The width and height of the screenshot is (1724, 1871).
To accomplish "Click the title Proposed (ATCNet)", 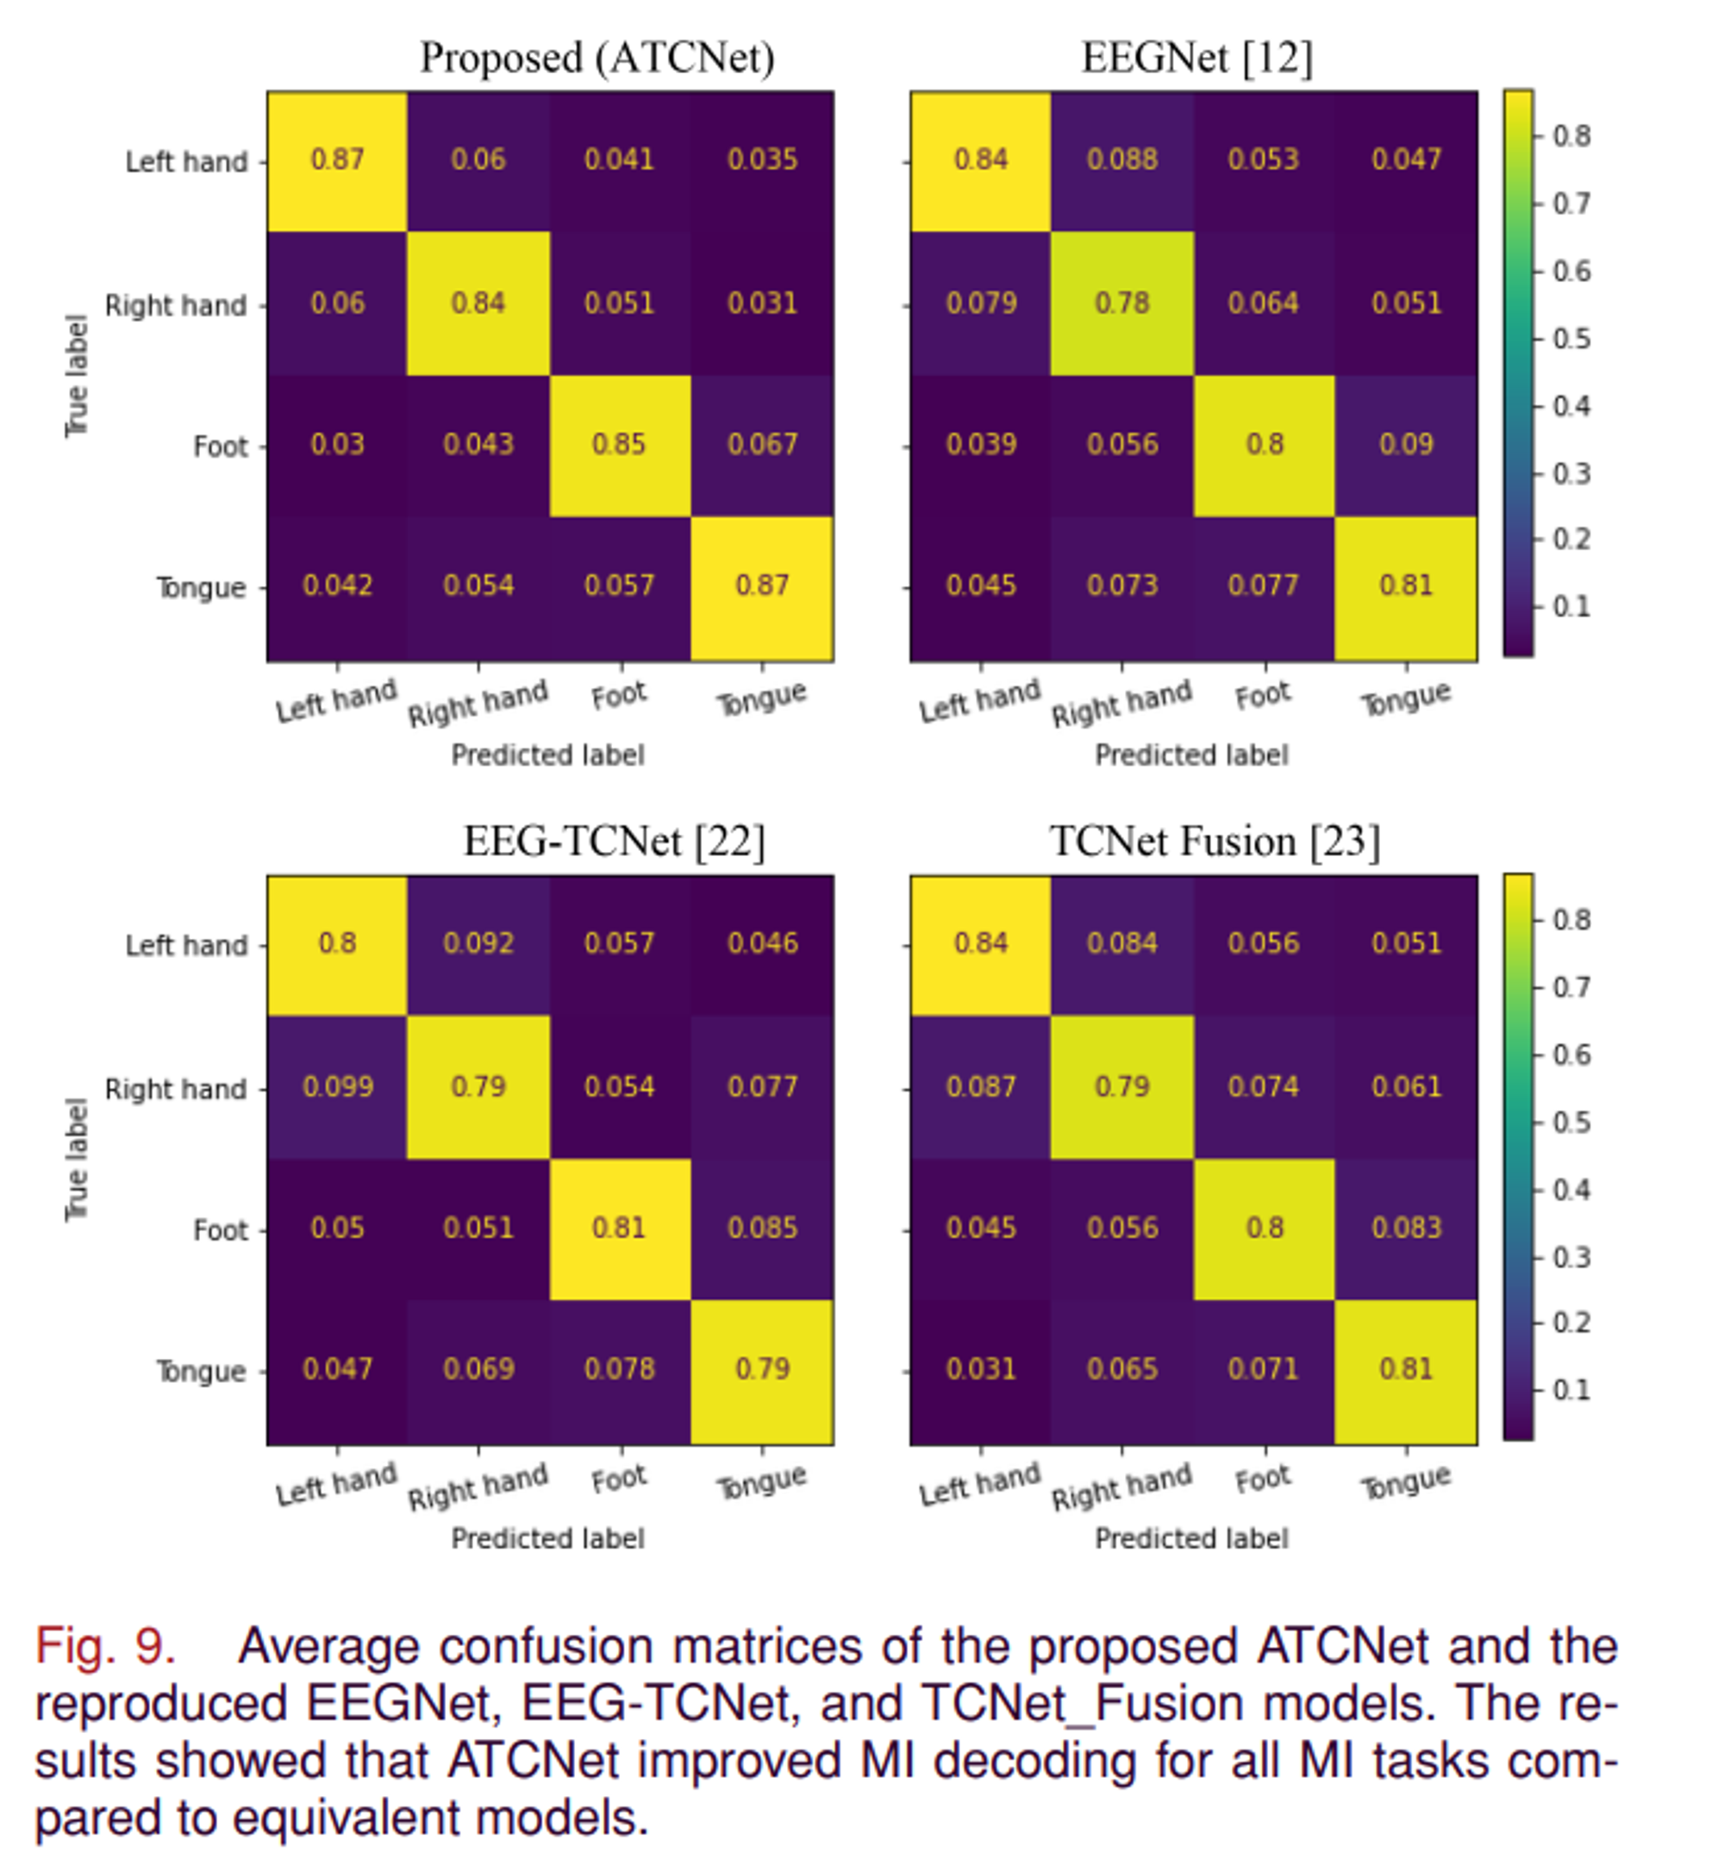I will (x=597, y=58).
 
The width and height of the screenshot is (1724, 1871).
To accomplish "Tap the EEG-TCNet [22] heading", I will (x=614, y=842).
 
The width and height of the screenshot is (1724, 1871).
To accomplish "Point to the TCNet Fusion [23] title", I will (x=1214, y=842).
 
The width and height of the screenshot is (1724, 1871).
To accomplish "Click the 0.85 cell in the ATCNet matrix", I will (x=619, y=444).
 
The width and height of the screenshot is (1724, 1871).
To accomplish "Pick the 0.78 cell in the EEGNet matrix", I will (x=1122, y=303).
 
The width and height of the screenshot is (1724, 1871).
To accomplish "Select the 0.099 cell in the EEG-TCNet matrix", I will (x=338, y=1087).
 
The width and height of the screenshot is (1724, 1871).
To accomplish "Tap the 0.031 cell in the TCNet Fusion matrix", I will (x=980, y=1369).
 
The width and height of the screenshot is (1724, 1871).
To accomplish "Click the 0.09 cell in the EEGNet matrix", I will (x=1406, y=444).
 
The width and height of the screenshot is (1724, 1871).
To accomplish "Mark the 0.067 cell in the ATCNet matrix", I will (x=762, y=444).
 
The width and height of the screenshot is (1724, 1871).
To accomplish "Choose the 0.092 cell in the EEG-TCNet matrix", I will (x=478, y=943).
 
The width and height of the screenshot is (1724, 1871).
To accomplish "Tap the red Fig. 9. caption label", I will (x=105, y=1646).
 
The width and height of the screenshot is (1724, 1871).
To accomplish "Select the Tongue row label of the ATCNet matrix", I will (x=201, y=588).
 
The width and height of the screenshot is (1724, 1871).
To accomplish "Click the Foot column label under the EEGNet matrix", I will (x=1263, y=696).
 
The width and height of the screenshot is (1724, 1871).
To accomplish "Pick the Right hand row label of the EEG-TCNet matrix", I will (x=175, y=1089).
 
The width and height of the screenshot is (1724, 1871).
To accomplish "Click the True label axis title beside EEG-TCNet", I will (x=77, y=1159).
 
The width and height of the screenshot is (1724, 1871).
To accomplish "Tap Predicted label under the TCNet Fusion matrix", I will (x=1191, y=1539).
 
